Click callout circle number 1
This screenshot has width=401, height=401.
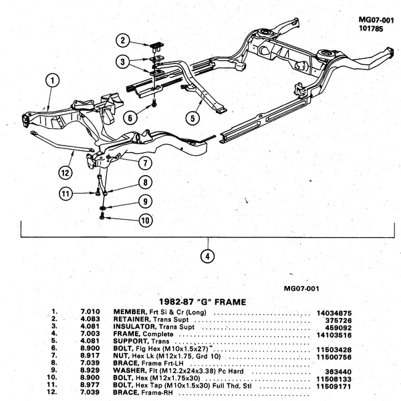(x=49, y=81)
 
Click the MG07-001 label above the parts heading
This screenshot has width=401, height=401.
(x=302, y=288)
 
